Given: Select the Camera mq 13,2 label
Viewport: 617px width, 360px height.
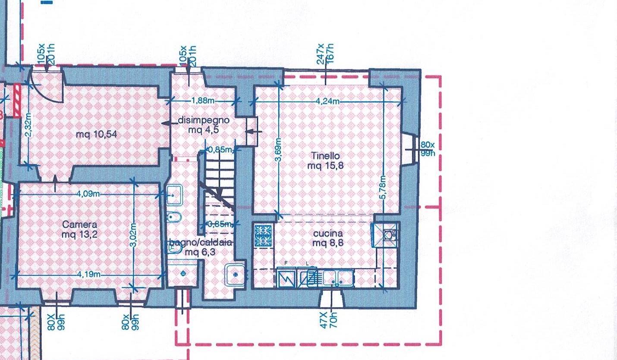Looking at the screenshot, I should (x=79, y=229).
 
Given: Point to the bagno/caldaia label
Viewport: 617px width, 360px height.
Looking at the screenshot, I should (x=200, y=247).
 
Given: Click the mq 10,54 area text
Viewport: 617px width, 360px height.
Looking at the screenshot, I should (x=96, y=135).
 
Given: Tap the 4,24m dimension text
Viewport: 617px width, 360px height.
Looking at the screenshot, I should (x=327, y=101).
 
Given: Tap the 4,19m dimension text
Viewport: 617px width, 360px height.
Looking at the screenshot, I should (x=89, y=275).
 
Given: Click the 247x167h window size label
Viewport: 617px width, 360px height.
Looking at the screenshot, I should (x=326, y=54).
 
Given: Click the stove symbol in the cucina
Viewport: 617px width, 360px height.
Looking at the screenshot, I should (x=263, y=236).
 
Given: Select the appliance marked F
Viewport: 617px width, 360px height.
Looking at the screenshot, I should (x=286, y=277).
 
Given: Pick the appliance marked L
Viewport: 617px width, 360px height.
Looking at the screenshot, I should (x=308, y=277).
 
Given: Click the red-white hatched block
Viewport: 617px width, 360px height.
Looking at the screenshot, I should (x=17, y=101).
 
